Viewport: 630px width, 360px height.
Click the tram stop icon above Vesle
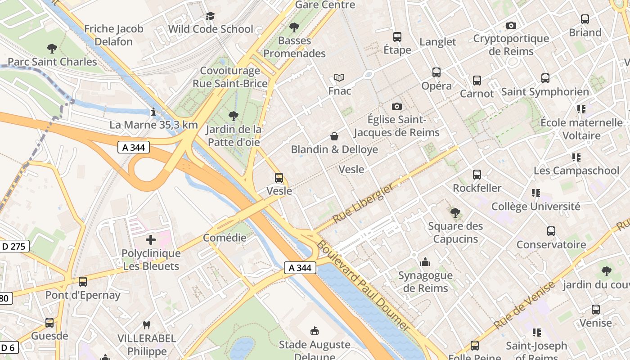279,178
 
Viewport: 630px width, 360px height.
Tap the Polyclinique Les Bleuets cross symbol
151,240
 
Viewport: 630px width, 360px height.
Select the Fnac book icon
339,77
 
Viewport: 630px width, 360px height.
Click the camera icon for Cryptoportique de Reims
511,25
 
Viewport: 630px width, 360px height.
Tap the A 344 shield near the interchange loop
134,147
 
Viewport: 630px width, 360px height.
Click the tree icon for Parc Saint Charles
52,48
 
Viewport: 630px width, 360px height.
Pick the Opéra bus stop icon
436,72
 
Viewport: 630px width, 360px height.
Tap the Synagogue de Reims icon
425,261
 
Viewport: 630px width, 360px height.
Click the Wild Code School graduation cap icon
210,16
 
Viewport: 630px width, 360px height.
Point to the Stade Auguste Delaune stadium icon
315,331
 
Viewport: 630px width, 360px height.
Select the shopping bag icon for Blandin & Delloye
334,136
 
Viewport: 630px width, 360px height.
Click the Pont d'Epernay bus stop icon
83,282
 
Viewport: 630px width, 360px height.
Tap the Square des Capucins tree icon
455,212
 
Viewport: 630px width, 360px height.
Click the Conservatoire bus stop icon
551,231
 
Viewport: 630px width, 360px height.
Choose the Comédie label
225,238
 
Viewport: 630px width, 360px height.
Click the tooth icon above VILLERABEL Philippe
146,324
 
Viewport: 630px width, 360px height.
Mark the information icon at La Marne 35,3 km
153,111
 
